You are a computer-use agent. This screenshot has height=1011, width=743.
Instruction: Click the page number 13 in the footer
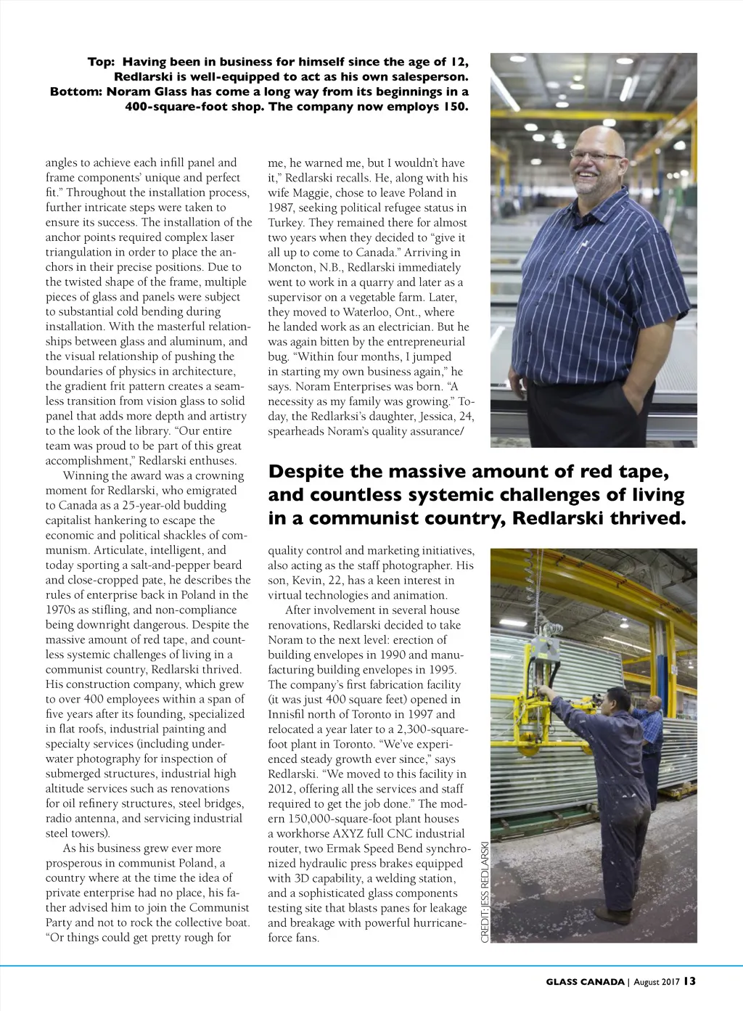(689, 981)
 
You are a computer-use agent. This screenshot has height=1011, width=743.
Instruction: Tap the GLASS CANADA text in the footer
(585, 982)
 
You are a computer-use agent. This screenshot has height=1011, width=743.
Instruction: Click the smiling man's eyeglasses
(596, 155)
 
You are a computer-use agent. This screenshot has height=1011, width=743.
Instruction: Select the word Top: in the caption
(102, 62)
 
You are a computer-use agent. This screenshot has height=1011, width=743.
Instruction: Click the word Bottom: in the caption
(75, 91)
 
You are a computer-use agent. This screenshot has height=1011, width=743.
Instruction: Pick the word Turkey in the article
(285, 223)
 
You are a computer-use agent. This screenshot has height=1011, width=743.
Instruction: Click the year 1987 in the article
(284, 208)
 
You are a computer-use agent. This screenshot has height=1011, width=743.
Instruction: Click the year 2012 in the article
(283, 789)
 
